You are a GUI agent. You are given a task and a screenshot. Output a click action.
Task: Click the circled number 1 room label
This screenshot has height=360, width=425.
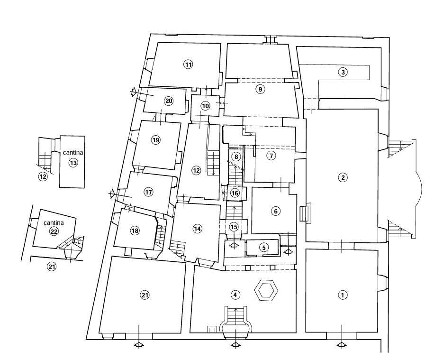click(342, 295)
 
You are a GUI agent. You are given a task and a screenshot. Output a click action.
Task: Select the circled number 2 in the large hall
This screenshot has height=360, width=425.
click(342, 178)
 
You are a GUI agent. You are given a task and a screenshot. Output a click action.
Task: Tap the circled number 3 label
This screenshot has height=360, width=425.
click(343, 73)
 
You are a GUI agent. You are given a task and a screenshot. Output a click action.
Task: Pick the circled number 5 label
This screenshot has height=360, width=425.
click(264, 247)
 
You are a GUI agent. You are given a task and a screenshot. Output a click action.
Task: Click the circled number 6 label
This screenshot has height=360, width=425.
click(275, 212)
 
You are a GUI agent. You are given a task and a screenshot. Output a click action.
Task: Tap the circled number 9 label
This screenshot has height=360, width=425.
click(259, 89)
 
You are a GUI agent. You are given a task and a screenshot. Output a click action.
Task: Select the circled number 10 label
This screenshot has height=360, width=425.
click(205, 106)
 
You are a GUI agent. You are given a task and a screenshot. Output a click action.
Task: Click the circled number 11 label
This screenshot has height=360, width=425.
click(189, 65)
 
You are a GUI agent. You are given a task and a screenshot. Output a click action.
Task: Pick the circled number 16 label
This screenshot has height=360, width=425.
click(235, 193)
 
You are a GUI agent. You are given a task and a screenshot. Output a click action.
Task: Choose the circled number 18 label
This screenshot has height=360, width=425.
click(135, 231)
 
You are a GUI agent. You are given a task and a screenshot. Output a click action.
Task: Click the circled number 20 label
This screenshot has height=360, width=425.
click(169, 101)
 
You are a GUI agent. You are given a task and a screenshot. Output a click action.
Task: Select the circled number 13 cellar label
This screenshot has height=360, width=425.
click(73, 163)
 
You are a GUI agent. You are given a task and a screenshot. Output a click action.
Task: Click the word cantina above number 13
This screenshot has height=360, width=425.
click(73, 153)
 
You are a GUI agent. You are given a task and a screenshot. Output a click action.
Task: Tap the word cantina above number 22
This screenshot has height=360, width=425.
click(53, 222)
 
